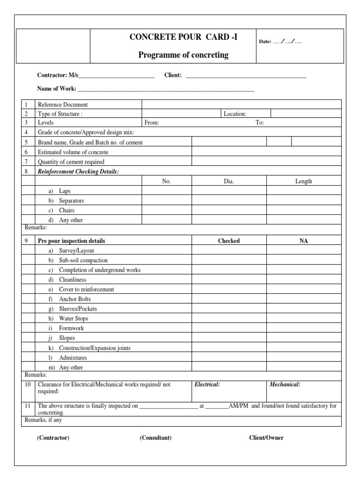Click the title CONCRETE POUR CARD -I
(x=183, y=38)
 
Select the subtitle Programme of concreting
(x=183, y=55)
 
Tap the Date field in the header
(x=280, y=42)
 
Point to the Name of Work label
(x=56, y=88)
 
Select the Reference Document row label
(x=63, y=105)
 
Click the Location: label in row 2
(x=235, y=114)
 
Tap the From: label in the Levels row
(x=152, y=123)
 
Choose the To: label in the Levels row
(x=260, y=123)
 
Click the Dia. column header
(x=229, y=181)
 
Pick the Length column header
(x=303, y=181)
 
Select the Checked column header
(x=229, y=241)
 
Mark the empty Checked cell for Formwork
(x=229, y=329)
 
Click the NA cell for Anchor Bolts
(x=303, y=299)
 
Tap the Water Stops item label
(x=74, y=319)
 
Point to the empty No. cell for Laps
(x=166, y=191)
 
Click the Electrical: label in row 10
(x=207, y=385)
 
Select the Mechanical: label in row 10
(x=285, y=385)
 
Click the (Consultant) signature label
(x=156, y=438)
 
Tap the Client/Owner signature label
(x=266, y=438)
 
